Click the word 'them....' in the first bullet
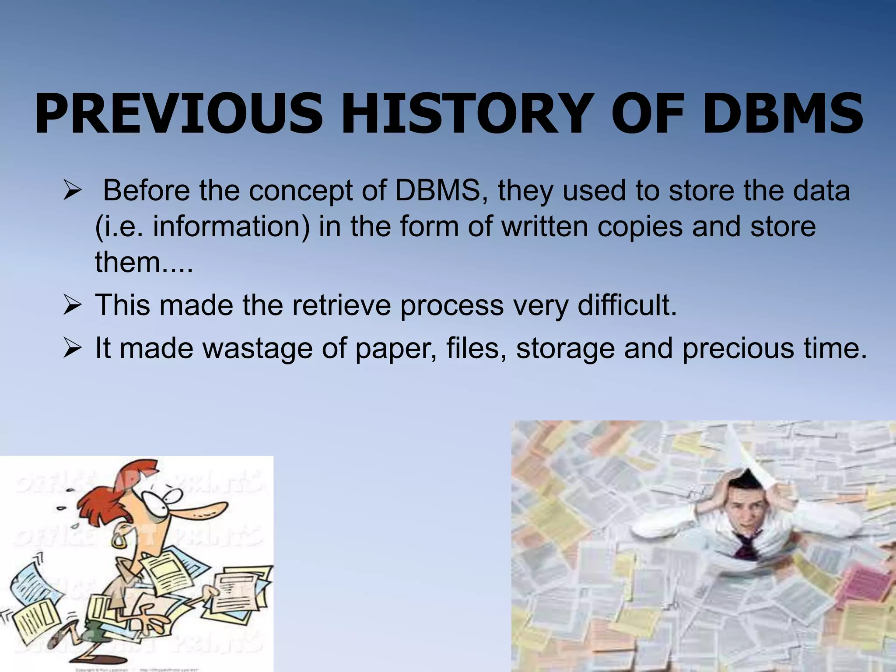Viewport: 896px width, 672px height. [x=144, y=262]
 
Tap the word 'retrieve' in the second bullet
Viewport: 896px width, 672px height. [x=341, y=305]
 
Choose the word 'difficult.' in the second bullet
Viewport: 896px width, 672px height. [x=627, y=305]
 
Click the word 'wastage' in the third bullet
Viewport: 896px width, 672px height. [x=258, y=349]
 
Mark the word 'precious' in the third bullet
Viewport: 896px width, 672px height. [x=738, y=349]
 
